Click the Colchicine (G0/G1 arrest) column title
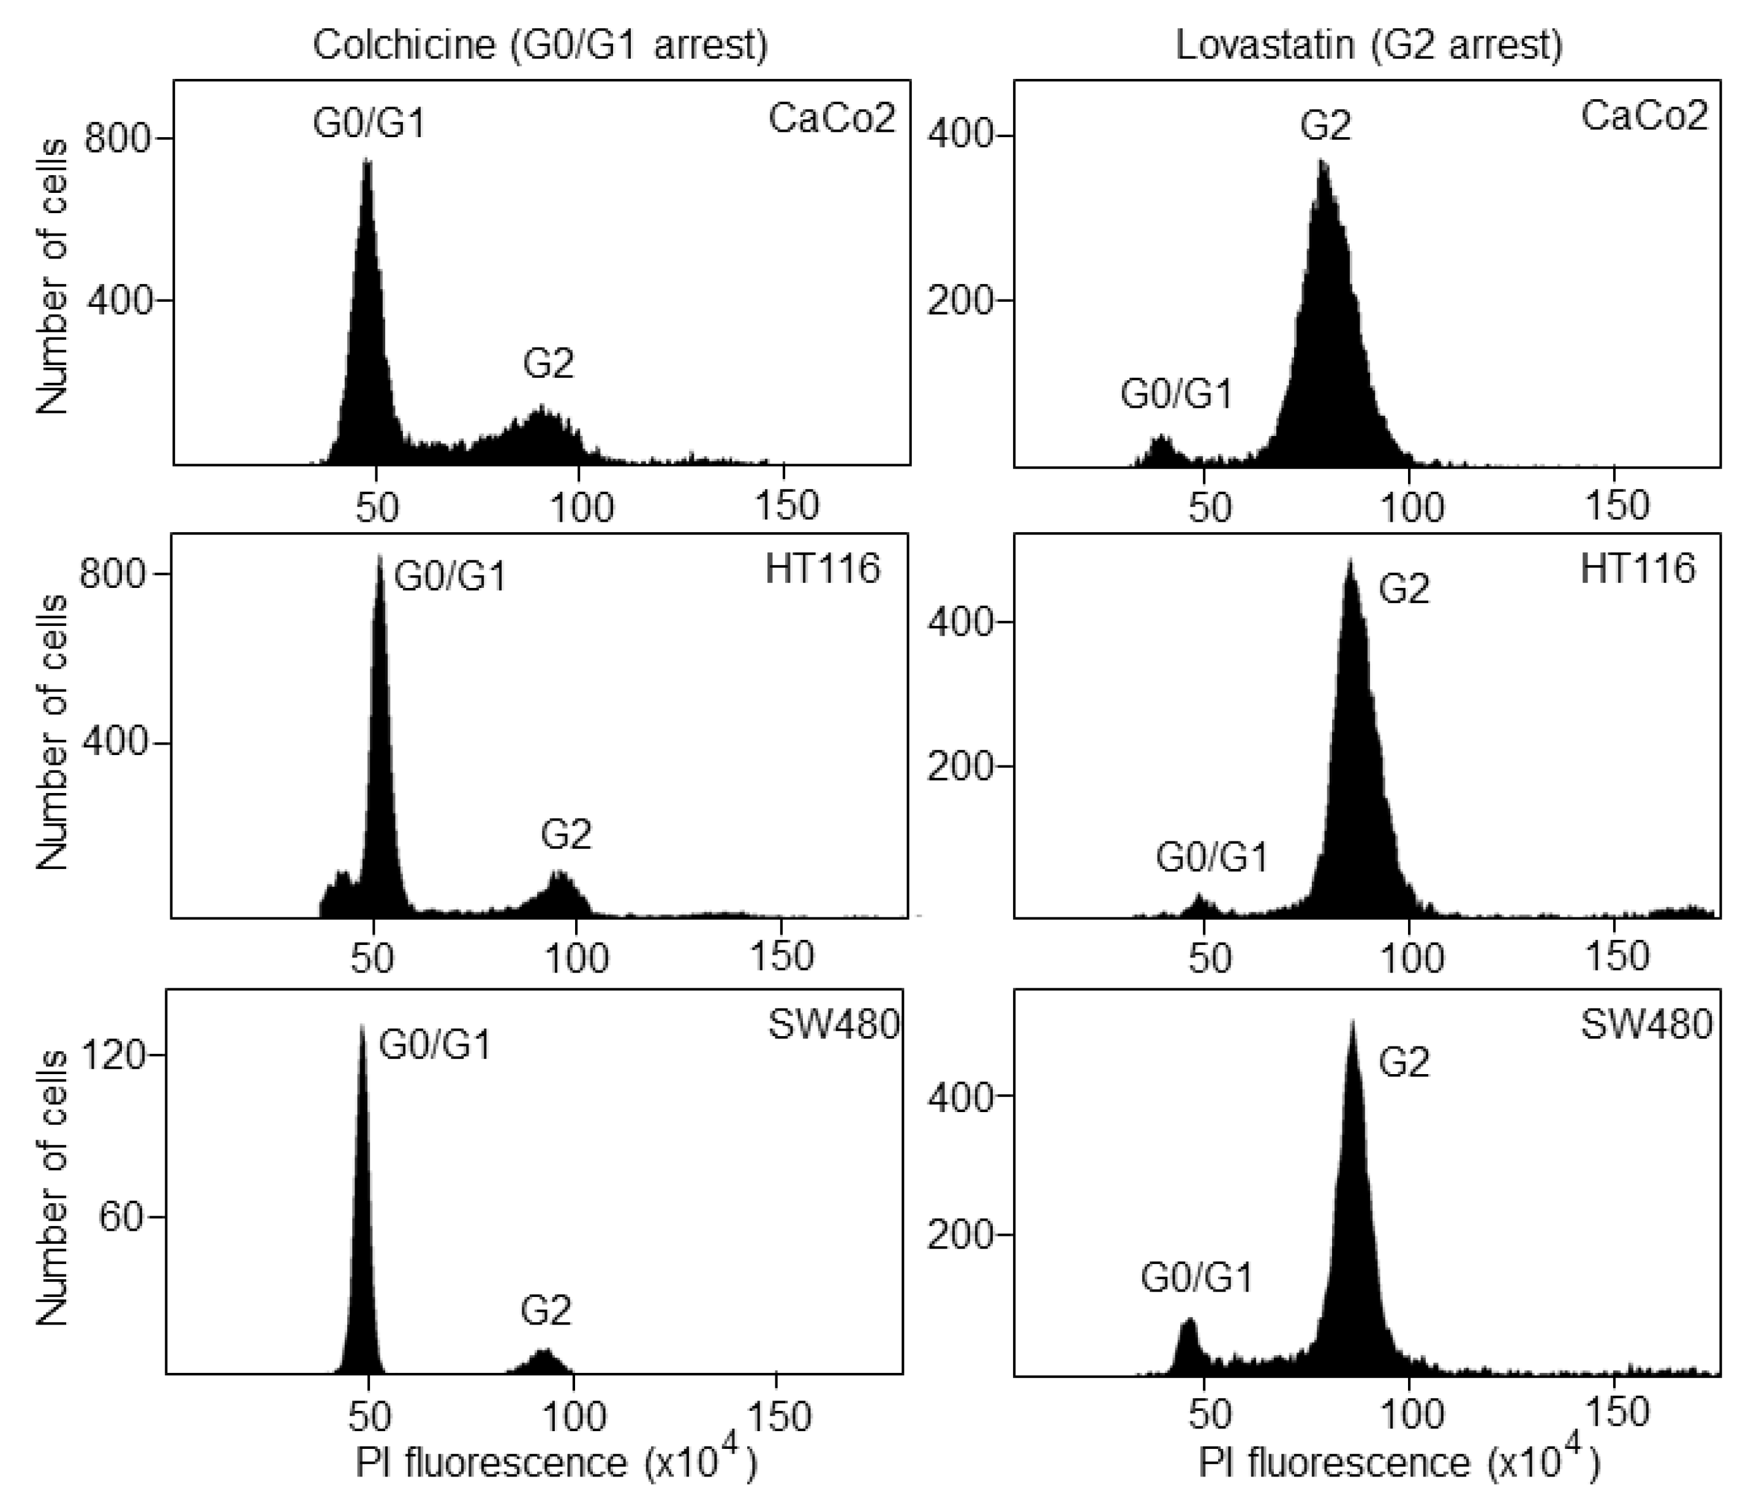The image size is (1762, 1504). (540, 44)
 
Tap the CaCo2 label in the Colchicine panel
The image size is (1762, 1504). (832, 118)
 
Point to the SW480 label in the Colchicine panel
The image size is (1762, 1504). (834, 1025)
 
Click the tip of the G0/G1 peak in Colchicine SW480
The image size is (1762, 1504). (363, 1029)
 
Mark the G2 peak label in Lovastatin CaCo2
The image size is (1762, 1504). (1325, 126)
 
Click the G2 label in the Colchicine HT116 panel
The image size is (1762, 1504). (565, 834)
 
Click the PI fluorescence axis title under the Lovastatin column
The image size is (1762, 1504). (1399, 1463)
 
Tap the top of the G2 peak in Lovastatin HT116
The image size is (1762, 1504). (1350, 561)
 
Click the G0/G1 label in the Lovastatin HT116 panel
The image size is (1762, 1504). (1211, 858)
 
